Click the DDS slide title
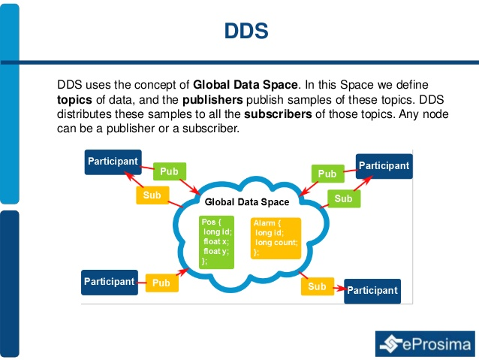click(246, 31)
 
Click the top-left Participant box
click(113, 162)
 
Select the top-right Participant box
click(383, 166)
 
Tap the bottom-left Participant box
click(109, 282)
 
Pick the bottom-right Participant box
click(372, 290)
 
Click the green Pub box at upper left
click(169, 172)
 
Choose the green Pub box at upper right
click(327, 174)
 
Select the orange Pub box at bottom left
click(161, 283)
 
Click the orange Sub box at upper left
click(152, 195)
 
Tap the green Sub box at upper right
click(343, 198)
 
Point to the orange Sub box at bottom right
click(317, 286)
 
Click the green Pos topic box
click(217, 242)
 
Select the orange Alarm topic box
click(276, 237)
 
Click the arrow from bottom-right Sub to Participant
click(337, 288)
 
